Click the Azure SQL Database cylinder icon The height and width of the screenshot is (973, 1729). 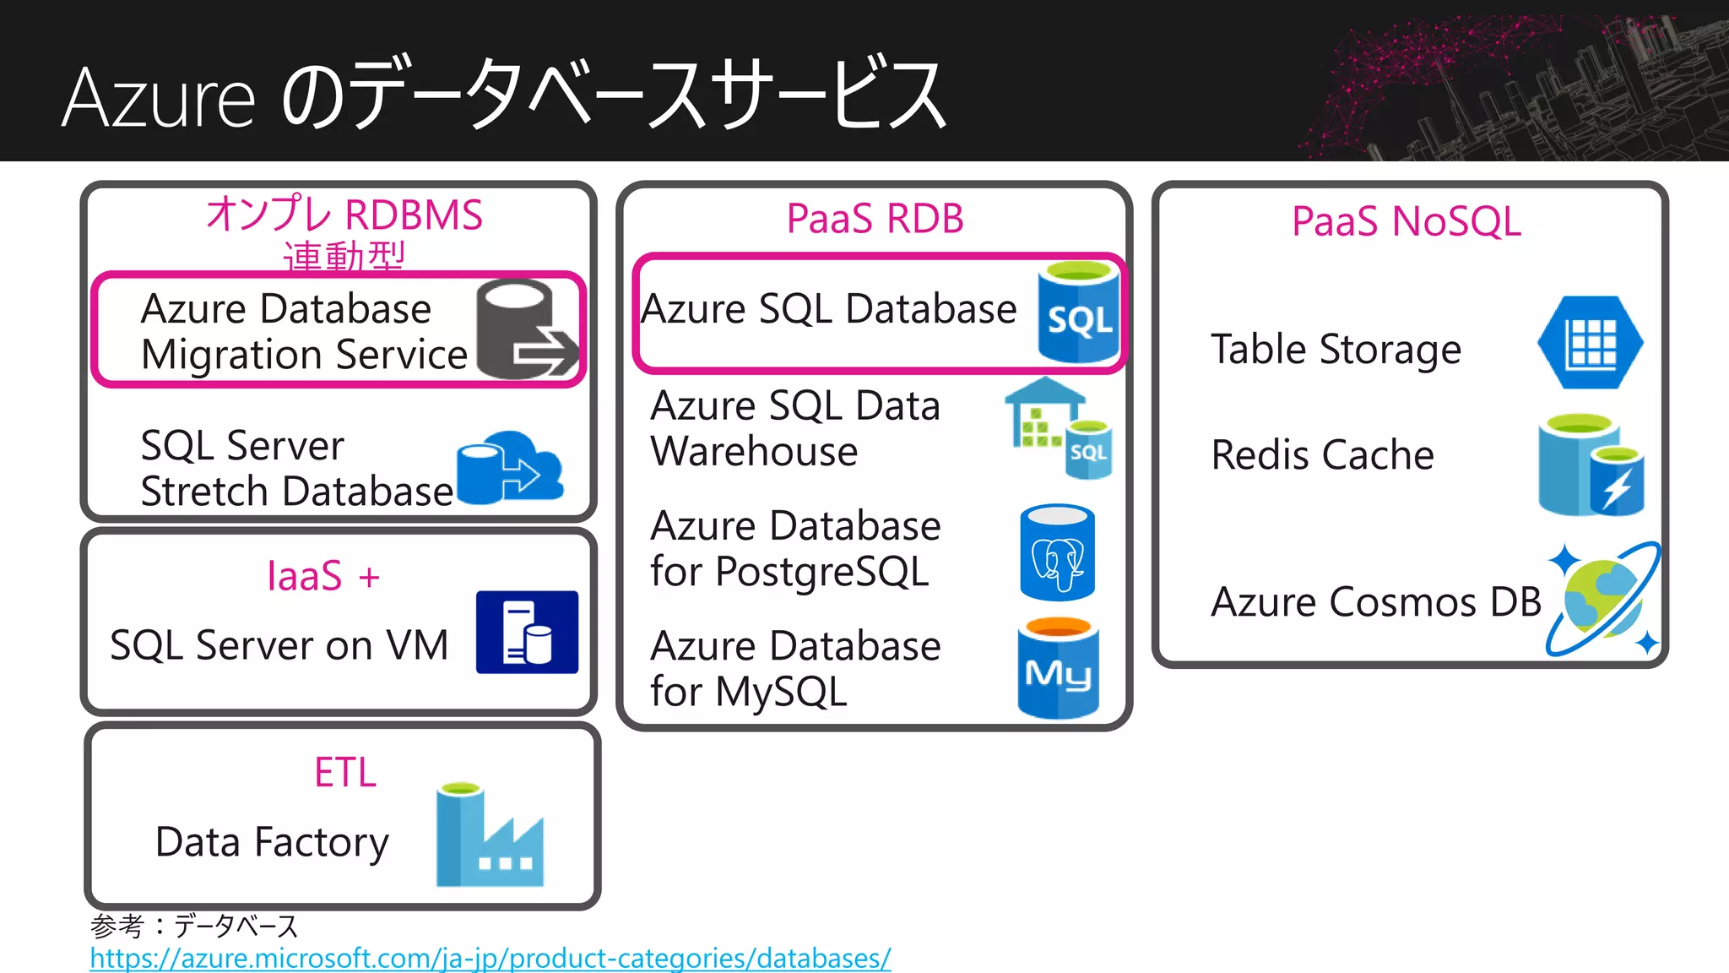[x=1078, y=312]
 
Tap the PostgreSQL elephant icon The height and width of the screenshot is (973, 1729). [x=1057, y=553]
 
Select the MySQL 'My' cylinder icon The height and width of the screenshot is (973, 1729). [x=1058, y=669]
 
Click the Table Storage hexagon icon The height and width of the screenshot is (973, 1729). [x=1590, y=343]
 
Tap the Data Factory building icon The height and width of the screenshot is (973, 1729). [x=490, y=835]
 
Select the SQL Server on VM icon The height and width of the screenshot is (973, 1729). [x=527, y=632]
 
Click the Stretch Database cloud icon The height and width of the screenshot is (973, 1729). [x=510, y=467]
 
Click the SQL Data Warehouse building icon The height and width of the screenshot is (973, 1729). [x=1058, y=427]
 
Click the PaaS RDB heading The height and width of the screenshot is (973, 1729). [x=875, y=219]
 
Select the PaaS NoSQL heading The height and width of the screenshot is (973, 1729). [x=1407, y=222]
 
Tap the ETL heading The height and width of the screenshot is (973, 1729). [x=344, y=772]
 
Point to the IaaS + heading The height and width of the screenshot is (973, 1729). [x=323, y=577]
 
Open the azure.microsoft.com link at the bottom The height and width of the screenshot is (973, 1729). [x=490, y=959]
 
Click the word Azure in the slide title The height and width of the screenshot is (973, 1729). [x=159, y=99]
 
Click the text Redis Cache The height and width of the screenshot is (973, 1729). [x=1322, y=455]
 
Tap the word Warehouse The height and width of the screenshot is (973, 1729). [x=754, y=451]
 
